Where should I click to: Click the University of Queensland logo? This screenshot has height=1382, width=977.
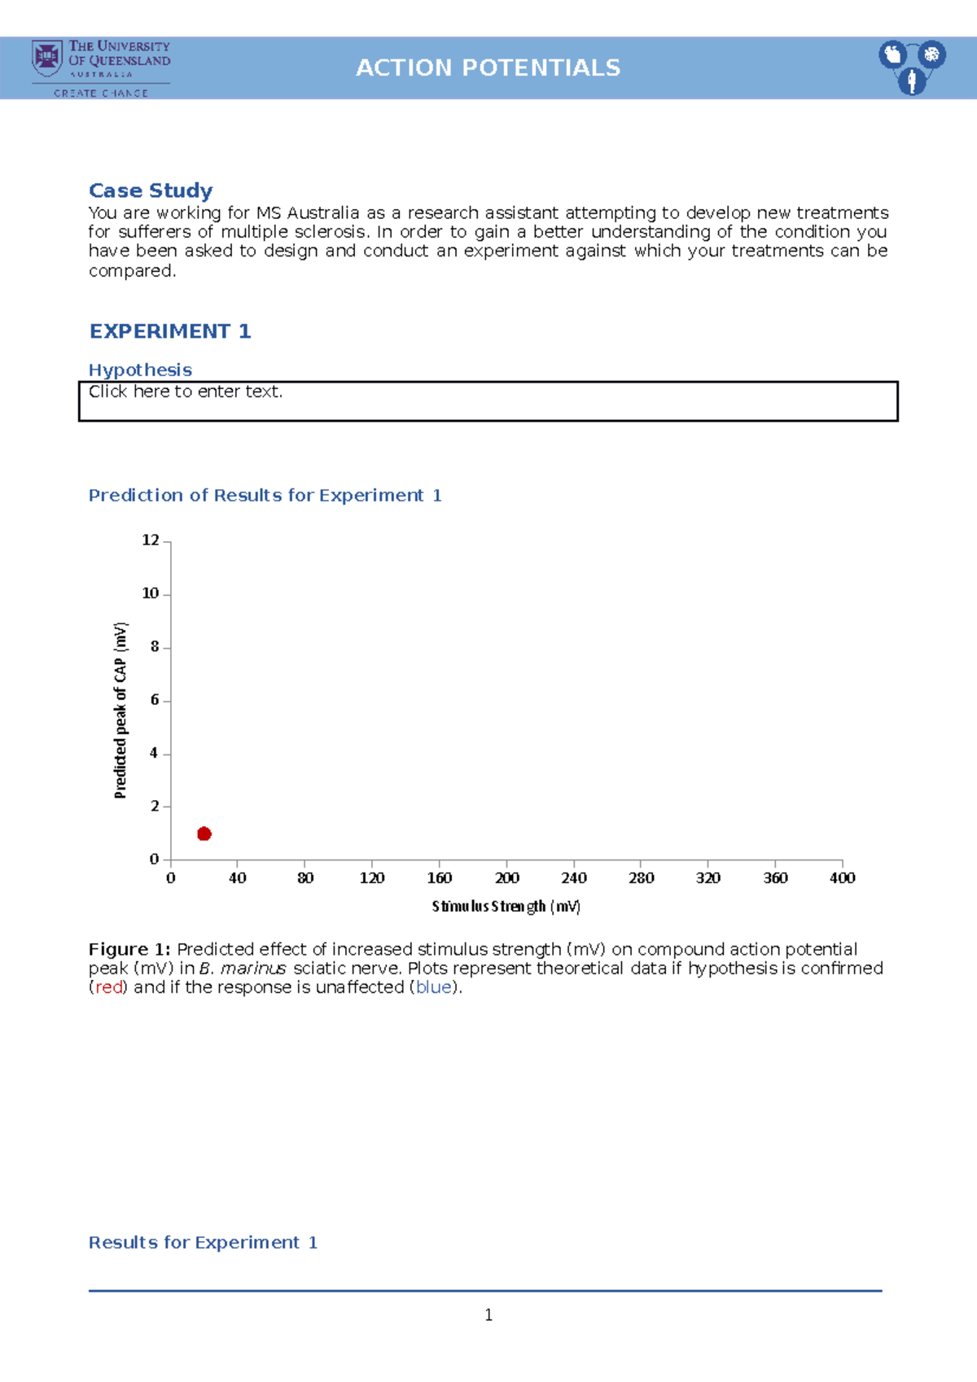click(101, 68)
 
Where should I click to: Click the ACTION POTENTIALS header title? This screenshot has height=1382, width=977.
click(488, 68)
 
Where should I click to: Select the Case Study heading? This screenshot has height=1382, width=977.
click(151, 190)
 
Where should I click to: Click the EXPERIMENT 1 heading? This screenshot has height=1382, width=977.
click(170, 331)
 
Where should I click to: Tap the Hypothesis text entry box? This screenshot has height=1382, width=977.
click(488, 401)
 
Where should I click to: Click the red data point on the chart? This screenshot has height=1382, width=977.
click(204, 833)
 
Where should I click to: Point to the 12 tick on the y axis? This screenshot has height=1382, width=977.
click(151, 540)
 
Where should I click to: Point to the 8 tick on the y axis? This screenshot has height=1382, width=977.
click(154, 647)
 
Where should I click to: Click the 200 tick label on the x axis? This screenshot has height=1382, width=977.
click(506, 878)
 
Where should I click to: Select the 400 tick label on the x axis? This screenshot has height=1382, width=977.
click(842, 878)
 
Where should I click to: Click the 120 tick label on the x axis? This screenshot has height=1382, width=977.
click(372, 878)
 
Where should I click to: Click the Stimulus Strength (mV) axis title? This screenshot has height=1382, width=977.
click(506, 906)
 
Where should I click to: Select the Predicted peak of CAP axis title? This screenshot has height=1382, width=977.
click(120, 710)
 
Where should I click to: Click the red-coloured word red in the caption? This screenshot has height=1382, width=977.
click(108, 987)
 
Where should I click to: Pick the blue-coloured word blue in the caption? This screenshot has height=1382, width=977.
click(434, 987)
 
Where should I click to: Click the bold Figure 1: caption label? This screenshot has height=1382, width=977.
click(129, 949)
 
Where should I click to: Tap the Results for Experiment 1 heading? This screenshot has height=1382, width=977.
click(203, 1242)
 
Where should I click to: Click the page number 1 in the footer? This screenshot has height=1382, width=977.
click(488, 1314)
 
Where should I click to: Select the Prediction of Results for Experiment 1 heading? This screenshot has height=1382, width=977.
click(265, 495)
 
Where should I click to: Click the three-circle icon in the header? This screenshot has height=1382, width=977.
click(912, 67)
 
